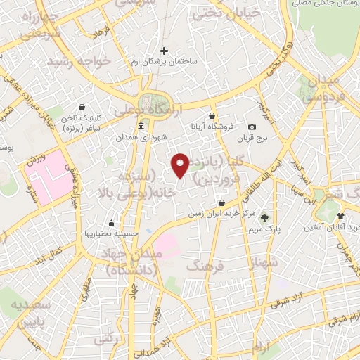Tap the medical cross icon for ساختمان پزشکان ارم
pos(165,51)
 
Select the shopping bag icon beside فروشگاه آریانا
pos(212,115)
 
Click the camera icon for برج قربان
pos(252,127)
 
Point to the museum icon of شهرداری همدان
pos(141,127)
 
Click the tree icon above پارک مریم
pos(265,217)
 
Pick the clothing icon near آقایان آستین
pos(341,216)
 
